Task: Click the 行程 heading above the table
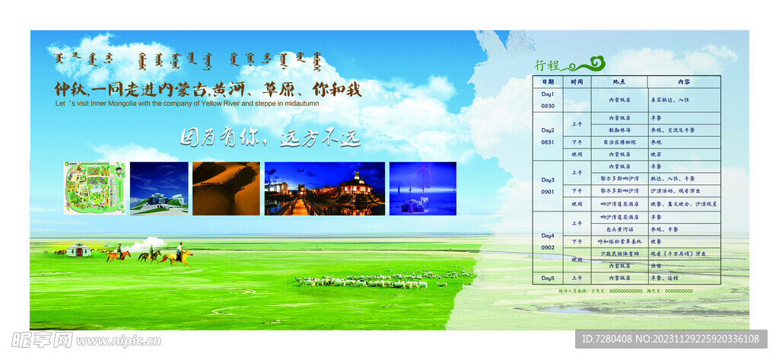pos(546,65)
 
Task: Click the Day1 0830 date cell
pos(548,100)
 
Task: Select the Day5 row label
pos(548,278)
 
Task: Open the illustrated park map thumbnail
pos(94,188)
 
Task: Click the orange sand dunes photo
pos(226,188)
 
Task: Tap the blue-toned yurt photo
pos(422,188)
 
